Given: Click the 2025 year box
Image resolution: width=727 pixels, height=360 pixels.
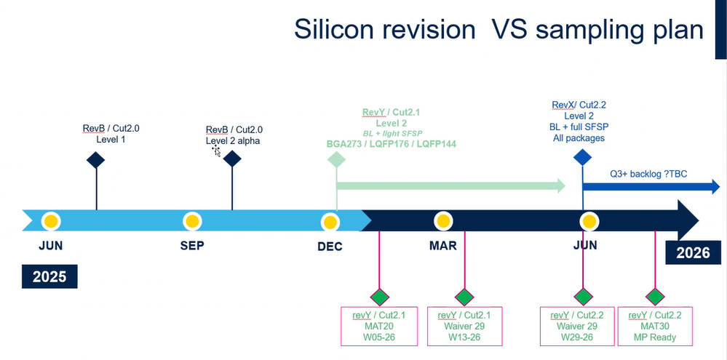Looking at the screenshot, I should [49, 277].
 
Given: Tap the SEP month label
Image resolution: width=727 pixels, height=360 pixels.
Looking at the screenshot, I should [192, 246].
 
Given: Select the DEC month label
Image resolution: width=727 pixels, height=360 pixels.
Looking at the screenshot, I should [330, 247].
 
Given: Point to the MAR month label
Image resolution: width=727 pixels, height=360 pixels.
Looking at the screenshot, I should [442, 246].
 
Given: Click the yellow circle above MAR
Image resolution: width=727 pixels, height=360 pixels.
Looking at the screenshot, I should [442, 220].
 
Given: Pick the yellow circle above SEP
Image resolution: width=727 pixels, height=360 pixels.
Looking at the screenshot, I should [192, 220].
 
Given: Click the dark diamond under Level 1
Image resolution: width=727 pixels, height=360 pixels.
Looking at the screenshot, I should [97, 160].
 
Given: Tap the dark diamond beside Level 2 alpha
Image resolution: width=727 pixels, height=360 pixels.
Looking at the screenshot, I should [232, 159].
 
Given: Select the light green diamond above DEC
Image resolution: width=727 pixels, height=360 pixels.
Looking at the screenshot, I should [336, 159].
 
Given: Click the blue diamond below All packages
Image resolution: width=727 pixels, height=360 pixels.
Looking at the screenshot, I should [582, 156].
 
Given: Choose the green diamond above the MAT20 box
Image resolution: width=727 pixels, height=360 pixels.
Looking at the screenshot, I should [379, 297].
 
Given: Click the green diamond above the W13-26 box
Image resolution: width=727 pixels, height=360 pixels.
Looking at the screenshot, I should [464, 297].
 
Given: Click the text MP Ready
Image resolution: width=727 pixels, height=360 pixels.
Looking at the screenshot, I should [654, 337].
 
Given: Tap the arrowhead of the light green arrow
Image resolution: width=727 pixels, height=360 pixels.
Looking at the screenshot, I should [560, 186].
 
